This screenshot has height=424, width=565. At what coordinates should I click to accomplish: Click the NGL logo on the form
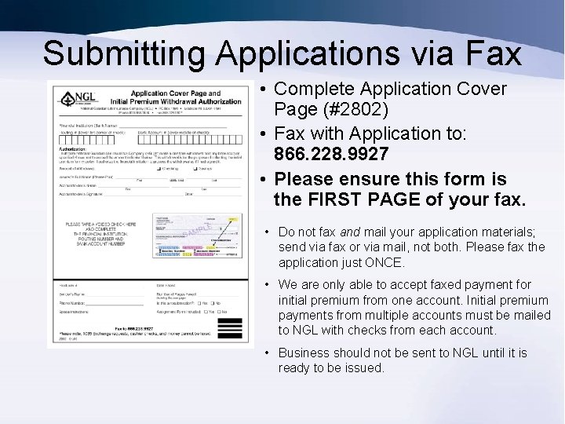[x=71, y=100]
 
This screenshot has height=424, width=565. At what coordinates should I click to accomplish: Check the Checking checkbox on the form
[x=160, y=168]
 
